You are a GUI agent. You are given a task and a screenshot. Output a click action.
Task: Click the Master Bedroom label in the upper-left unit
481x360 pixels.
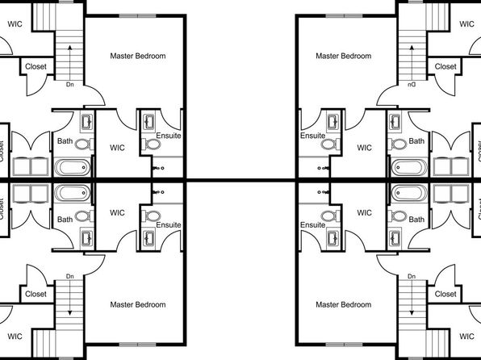pos(138,56)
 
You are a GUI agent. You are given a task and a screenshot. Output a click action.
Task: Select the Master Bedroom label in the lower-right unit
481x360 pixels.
pos(343,304)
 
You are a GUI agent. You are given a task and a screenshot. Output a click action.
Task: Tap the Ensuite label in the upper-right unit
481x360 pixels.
pos(312,136)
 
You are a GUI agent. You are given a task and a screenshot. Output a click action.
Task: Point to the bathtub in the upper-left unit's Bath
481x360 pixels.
pos(73,168)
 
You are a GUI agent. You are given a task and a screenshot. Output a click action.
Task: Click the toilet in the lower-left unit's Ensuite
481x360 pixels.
pos(152,216)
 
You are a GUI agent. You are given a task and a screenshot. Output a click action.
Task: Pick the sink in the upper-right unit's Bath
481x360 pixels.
pos(395,122)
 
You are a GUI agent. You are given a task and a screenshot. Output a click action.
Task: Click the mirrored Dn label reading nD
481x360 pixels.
pos(412,85)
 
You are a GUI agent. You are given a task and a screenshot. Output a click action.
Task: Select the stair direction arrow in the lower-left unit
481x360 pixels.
pos(70,297)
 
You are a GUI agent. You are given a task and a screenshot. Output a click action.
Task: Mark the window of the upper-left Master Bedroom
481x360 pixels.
pos(137,16)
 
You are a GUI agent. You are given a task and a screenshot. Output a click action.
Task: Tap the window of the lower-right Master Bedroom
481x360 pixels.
pos(344,345)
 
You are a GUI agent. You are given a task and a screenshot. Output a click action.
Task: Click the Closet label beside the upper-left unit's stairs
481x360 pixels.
pos(36,66)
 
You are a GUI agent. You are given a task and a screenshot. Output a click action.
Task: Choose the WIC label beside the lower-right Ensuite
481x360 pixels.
pos(364,212)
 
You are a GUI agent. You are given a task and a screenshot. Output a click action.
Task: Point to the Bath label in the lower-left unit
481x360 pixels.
pos(65,220)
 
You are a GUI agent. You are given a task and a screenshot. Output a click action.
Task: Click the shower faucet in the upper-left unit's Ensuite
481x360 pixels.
pos(158,168)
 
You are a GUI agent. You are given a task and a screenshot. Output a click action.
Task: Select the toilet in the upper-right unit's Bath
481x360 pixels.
pos(397,144)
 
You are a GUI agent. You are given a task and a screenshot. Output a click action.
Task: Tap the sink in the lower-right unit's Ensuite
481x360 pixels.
pos(333,238)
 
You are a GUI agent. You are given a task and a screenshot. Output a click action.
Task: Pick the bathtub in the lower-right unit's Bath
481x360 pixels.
pos(409,193)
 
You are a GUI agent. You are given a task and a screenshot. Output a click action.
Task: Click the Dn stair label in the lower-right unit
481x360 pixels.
pos(412,276)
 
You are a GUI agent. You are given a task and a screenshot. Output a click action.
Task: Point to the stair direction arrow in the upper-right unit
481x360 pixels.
pos(412,63)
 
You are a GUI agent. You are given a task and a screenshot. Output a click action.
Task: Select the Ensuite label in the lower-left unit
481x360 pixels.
pos(169,224)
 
